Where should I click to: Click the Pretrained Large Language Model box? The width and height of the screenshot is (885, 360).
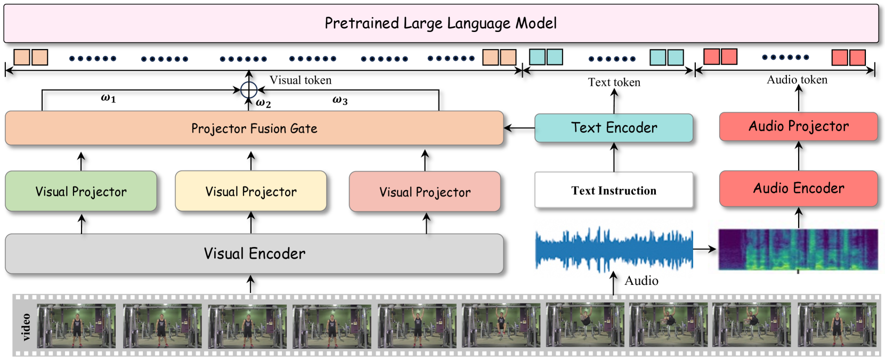(441, 23)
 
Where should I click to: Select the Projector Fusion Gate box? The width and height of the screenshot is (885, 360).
(254, 128)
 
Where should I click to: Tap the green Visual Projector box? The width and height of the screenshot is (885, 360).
(81, 191)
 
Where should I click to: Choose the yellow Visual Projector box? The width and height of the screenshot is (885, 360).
(251, 191)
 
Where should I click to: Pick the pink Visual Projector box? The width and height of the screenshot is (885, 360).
(425, 192)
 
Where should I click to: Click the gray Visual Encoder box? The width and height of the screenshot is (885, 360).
(254, 253)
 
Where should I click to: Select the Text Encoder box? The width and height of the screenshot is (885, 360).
(614, 128)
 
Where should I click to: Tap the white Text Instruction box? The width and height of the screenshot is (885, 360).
(614, 190)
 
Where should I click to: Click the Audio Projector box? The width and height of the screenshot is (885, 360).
(799, 126)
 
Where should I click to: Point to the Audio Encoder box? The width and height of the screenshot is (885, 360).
(799, 189)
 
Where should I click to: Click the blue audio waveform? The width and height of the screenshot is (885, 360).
(614, 249)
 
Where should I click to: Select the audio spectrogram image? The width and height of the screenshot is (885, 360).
(798, 249)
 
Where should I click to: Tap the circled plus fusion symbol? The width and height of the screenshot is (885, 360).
(249, 90)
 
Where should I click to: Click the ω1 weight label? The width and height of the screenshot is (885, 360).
(108, 99)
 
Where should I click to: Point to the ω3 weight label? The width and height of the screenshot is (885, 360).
(340, 100)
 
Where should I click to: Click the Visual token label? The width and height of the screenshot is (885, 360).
(301, 80)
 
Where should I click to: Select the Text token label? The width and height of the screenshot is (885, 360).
(614, 82)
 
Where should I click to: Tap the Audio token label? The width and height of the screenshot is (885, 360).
(797, 80)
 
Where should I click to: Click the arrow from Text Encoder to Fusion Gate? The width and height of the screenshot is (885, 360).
(519, 128)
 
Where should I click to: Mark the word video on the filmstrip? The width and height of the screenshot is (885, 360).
(26, 327)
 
